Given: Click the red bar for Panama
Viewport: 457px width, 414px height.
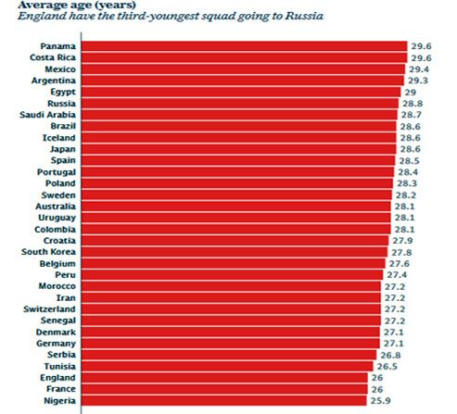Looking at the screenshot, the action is pos(244,46).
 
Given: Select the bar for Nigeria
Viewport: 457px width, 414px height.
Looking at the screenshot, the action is pos(223,400).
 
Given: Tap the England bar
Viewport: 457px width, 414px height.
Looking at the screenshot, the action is pos(224,378).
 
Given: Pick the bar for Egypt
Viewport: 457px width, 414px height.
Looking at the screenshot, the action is pos(241,92).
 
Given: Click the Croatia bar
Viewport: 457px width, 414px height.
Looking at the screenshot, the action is pos(235,241).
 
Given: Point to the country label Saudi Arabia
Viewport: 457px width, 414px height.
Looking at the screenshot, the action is pos(47,115).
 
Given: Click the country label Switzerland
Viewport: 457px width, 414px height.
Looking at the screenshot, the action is pos(49,309).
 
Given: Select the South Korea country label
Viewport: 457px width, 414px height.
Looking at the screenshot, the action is pos(48,252).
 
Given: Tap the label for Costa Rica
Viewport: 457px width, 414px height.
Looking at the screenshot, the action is pos(53,57).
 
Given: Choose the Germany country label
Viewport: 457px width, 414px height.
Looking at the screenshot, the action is pos(56,344).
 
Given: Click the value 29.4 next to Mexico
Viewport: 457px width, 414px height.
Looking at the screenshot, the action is pos(419,69).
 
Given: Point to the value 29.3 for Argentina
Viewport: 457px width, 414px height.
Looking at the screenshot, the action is pos(418,81).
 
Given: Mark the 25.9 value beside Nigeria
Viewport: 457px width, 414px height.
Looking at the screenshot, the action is pos(381,401).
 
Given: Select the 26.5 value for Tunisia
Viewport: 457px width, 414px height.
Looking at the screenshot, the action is pos(387,367).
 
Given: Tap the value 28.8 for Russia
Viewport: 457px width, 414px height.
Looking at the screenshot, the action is pos(413,104).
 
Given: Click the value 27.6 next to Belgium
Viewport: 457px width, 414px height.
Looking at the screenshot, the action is pos(400,264).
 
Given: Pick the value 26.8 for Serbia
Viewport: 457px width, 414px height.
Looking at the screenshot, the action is pos(390,355).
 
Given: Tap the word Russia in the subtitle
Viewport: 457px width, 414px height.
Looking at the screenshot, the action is pos(304,16).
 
